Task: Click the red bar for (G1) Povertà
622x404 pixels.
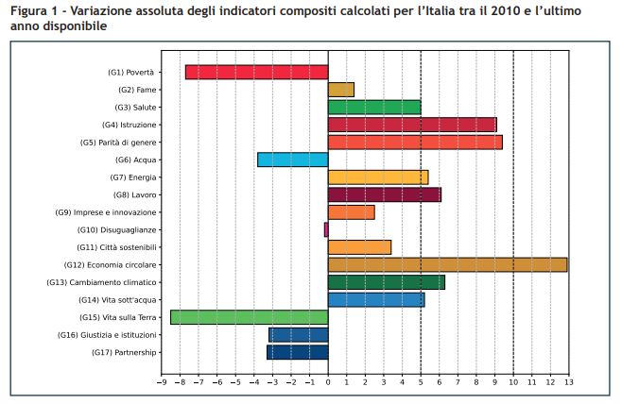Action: click(256, 72)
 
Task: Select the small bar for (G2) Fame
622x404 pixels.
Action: click(340, 90)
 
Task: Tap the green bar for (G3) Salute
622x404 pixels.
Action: click(373, 107)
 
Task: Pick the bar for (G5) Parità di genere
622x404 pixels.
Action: click(414, 143)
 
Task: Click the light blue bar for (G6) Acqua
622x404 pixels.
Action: click(292, 160)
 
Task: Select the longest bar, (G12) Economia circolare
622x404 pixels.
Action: click(447, 264)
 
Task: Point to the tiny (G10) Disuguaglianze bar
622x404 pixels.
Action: click(326, 229)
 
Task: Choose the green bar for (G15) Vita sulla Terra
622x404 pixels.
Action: click(249, 317)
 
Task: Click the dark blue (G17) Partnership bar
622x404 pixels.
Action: click(297, 352)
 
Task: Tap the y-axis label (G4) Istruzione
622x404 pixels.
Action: click(130, 125)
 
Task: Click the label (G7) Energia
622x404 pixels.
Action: click(133, 177)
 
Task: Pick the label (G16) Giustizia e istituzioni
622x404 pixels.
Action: click(107, 335)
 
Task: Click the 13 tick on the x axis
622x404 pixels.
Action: click(567, 382)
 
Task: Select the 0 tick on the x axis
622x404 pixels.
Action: click(328, 382)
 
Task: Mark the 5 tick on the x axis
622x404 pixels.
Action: click(420, 382)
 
